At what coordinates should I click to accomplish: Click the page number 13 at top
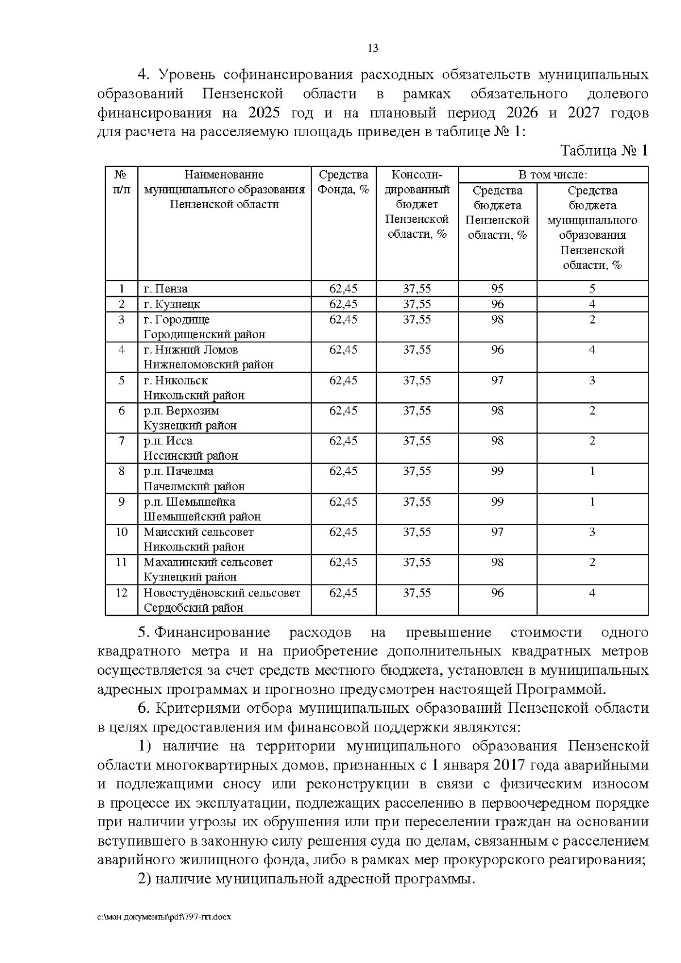pos(373,48)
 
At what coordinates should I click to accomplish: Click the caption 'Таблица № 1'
pos(604,151)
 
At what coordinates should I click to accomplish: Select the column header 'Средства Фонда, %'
pos(343,182)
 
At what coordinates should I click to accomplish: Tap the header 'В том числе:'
pos(553,175)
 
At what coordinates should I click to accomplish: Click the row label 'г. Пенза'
pos(166,289)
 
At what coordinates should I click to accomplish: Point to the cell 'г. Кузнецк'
pos(171,304)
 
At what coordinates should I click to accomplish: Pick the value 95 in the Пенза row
pos(497,289)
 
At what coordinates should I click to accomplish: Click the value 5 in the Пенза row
pos(592,289)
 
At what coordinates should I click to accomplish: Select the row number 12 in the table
pos(121,593)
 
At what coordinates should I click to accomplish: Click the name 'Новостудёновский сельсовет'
pos(221,593)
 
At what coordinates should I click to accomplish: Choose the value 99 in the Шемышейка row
pos(497,502)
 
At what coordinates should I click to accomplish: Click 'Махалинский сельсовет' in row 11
pos(208,562)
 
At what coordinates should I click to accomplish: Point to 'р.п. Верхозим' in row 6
pos(181,411)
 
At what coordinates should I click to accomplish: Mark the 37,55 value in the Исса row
pos(417,441)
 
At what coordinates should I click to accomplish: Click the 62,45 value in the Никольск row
pos(343,380)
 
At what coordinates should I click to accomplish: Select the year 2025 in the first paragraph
pos(263,112)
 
